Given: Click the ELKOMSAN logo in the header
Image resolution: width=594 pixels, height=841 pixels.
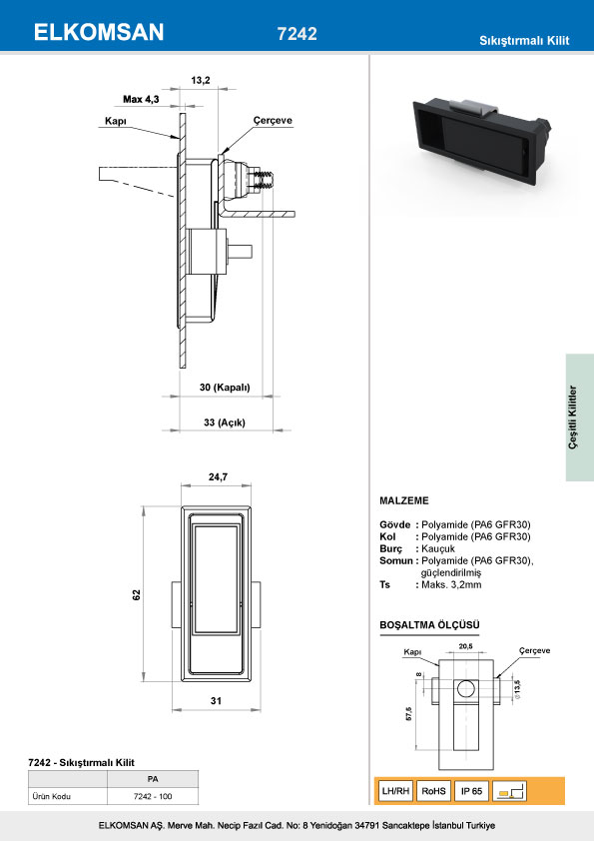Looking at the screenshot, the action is click(99, 32).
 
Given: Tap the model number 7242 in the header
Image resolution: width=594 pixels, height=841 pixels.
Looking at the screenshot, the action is click(297, 33).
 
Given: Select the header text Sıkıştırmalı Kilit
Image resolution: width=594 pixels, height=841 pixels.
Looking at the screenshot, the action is click(524, 40).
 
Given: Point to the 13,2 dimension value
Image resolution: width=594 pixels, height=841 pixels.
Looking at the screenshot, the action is click(201, 81).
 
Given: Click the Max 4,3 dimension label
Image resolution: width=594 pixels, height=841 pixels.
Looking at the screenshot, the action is click(141, 99).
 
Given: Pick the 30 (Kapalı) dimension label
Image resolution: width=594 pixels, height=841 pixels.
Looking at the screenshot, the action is click(225, 388).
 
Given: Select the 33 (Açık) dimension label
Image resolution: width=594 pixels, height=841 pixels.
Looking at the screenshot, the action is click(225, 422).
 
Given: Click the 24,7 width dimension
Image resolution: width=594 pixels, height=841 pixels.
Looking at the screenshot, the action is click(218, 476).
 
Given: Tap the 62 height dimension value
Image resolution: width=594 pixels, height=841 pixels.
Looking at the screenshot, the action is click(137, 595).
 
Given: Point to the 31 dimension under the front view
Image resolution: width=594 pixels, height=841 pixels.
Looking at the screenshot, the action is click(216, 700).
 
